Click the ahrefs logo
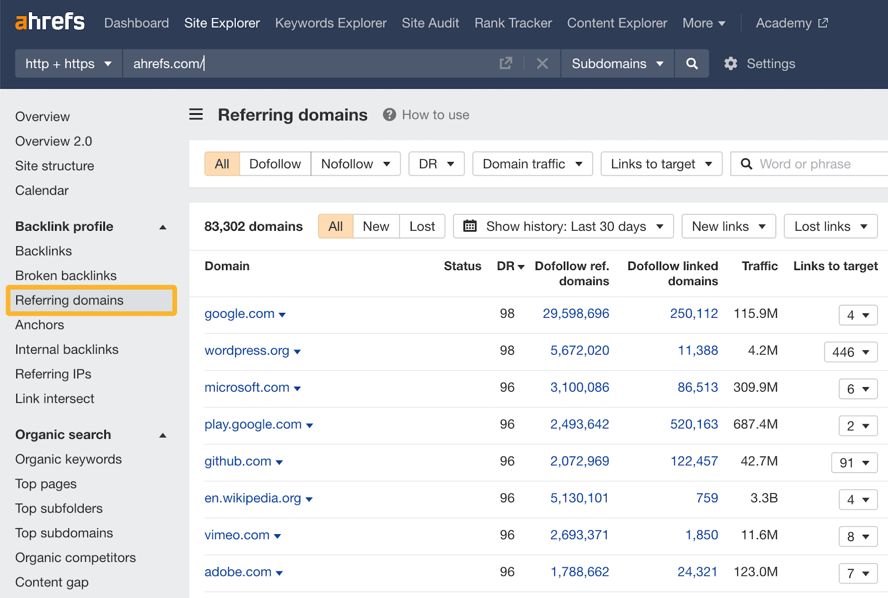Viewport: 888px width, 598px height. pyautogui.click(x=50, y=22)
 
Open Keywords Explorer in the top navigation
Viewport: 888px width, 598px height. pyautogui.click(x=331, y=23)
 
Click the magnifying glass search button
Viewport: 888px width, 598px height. pyautogui.click(x=692, y=64)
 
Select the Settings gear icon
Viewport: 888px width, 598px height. pyautogui.click(x=731, y=64)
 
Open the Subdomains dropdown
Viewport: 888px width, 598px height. pyautogui.click(x=617, y=64)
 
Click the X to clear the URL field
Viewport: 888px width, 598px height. pyautogui.click(x=542, y=64)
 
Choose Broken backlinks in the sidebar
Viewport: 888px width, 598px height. pyautogui.click(x=66, y=276)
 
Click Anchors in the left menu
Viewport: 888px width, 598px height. pyautogui.click(x=40, y=325)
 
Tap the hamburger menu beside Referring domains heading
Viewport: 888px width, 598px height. pyautogui.click(x=196, y=115)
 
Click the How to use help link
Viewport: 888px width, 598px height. pyautogui.click(x=435, y=115)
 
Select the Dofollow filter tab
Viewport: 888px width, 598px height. pyautogui.click(x=275, y=164)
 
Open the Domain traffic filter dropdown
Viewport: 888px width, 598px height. pyautogui.click(x=532, y=164)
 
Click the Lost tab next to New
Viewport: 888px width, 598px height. pyautogui.click(x=422, y=226)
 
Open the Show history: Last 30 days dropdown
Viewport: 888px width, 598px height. pyautogui.click(x=563, y=226)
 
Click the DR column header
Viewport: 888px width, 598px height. pyautogui.click(x=510, y=266)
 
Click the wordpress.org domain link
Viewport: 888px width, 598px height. pyautogui.click(x=247, y=351)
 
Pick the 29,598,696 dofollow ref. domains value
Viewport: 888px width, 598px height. pyautogui.click(x=576, y=314)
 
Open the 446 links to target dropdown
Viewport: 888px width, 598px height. pyautogui.click(x=850, y=352)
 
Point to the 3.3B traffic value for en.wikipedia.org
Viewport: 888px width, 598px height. pyautogui.click(x=764, y=498)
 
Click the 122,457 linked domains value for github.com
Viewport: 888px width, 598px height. pyautogui.click(x=694, y=462)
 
